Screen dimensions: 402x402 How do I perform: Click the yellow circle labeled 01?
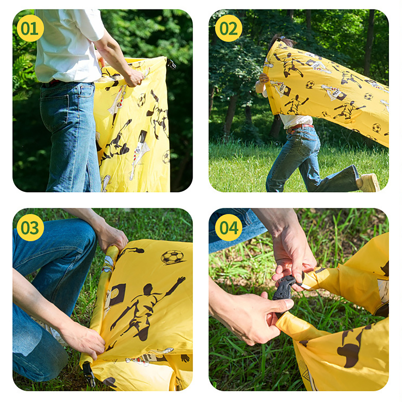tap(30, 28)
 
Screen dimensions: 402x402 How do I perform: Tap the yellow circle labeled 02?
tap(229, 28)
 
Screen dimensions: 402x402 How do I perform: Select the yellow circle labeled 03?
tap(30, 228)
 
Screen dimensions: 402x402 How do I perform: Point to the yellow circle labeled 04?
tap(229, 228)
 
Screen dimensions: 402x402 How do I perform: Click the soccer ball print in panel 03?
tap(173, 257)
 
